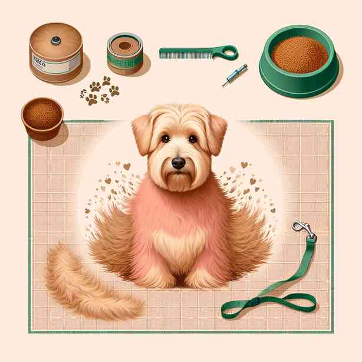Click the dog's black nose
pos(178,163)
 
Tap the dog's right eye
pos(192,139)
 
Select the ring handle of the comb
pos(227,52)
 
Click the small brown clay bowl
pos(42,118)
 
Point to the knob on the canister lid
pos(55,40)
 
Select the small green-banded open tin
pos(124,52)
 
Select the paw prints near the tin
pos(98,90)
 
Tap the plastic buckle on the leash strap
pos(255,302)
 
